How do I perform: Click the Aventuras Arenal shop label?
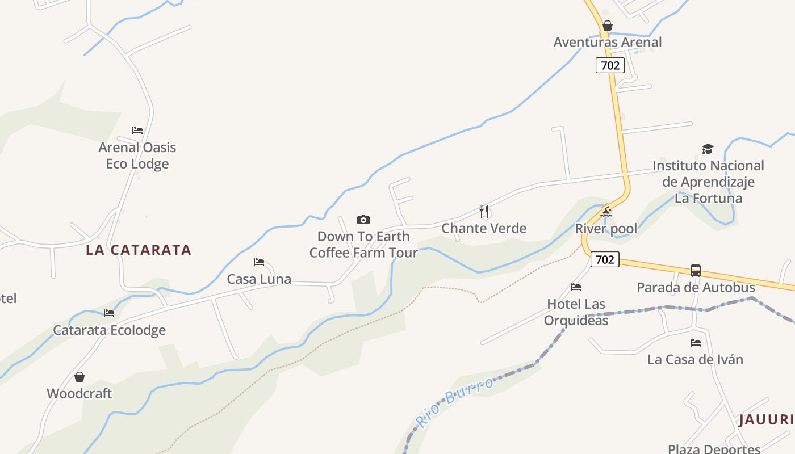pyautogui.click(x=608, y=42)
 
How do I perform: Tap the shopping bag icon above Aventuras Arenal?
pyautogui.click(x=608, y=26)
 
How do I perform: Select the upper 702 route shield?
pyautogui.click(x=610, y=65)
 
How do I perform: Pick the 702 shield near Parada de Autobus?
pyautogui.click(x=605, y=259)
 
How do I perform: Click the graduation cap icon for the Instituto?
pyautogui.click(x=708, y=149)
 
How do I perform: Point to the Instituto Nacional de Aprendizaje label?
pyautogui.click(x=708, y=182)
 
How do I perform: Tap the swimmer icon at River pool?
pyautogui.click(x=606, y=212)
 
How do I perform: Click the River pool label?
pyautogui.click(x=606, y=229)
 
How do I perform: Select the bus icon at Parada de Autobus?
pyautogui.click(x=696, y=271)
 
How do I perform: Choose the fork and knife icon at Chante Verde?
pyautogui.click(x=484, y=212)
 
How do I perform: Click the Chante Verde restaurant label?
pyautogui.click(x=484, y=228)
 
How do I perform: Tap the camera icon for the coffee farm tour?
pyautogui.click(x=363, y=220)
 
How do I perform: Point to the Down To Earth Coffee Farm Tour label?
pyautogui.click(x=363, y=245)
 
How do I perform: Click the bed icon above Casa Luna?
pyautogui.click(x=259, y=262)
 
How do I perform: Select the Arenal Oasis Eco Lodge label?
pyautogui.click(x=137, y=155)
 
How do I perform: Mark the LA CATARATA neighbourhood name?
pyautogui.click(x=139, y=250)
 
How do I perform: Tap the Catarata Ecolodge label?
pyautogui.click(x=110, y=330)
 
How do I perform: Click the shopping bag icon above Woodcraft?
pyautogui.click(x=79, y=377)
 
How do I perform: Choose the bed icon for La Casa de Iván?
pyautogui.click(x=696, y=343)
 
